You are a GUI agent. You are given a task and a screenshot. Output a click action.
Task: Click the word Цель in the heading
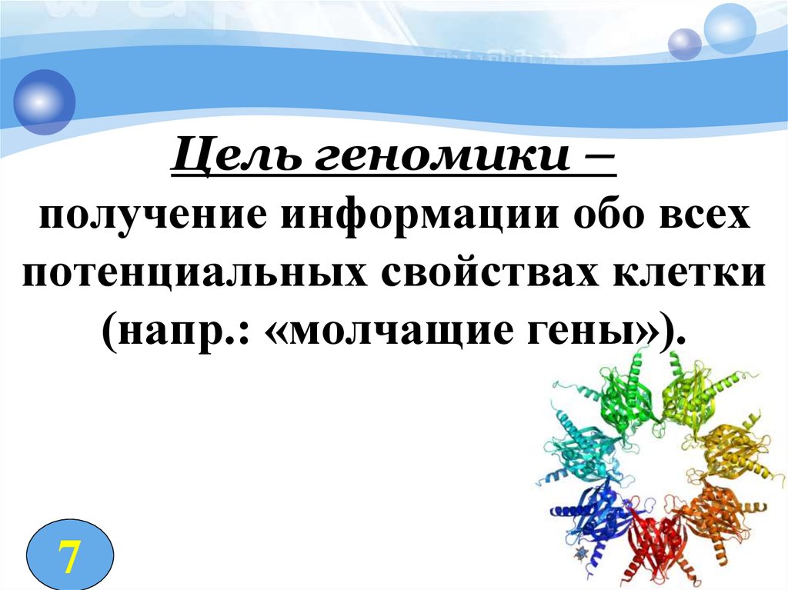(x=236, y=156)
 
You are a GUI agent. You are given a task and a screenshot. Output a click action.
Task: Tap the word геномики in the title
(x=442, y=156)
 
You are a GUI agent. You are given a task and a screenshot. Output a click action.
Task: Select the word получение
(x=153, y=217)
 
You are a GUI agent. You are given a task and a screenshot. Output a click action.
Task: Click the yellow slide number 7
(x=68, y=557)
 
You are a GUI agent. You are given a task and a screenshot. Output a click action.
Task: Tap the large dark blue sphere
(x=44, y=102)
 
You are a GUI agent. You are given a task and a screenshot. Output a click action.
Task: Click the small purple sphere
(x=684, y=44)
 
